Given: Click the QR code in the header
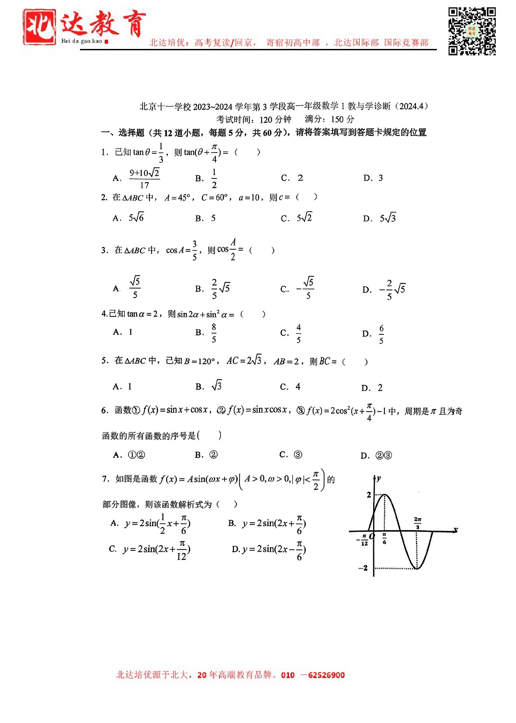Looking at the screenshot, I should (x=472, y=31).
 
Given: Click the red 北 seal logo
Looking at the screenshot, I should (x=39, y=27).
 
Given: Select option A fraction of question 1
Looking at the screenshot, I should (x=144, y=178).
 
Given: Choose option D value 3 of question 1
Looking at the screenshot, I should (x=380, y=178).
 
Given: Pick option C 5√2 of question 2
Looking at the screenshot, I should (x=304, y=218).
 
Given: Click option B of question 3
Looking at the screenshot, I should (x=221, y=289).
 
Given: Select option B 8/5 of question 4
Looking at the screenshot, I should (x=214, y=333).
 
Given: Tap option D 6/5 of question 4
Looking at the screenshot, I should (x=381, y=334).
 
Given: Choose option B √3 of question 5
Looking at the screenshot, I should (x=216, y=386).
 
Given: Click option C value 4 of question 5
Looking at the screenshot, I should (x=298, y=387).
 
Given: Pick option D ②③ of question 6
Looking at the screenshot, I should (x=383, y=455).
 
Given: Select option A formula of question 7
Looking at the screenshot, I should (x=157, y=524).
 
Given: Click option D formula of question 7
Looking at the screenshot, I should (x=273, y=549).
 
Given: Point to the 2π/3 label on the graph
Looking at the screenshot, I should (x=417, y=523).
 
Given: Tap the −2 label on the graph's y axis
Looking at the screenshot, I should (x=363, y=568).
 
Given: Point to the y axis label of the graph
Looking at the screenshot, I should (x=378, y=478).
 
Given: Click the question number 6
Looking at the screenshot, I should (x=104, y=410).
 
